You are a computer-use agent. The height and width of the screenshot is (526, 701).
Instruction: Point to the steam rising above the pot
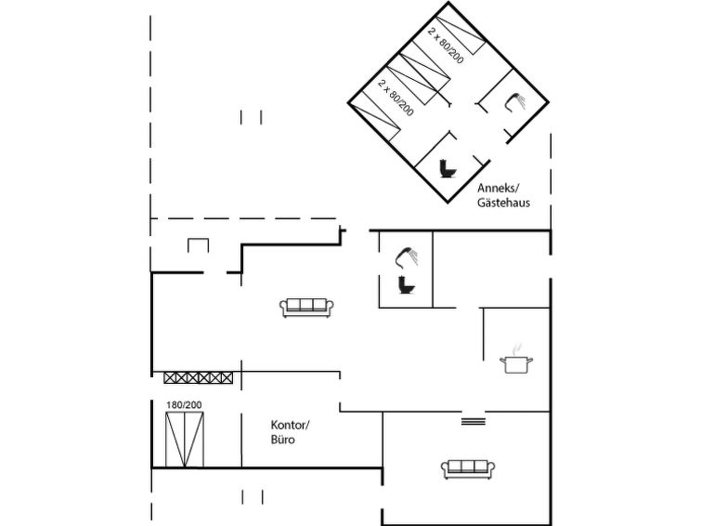coord(517,349)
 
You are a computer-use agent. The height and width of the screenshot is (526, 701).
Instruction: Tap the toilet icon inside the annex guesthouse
coord(448,169)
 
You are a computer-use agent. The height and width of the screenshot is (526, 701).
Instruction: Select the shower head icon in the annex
coord(515,102)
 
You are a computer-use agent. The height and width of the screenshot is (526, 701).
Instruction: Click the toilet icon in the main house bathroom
coord(407,284)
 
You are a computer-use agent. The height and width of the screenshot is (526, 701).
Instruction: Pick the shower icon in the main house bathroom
coord(407,256)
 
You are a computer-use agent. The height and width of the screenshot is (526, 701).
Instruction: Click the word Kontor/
coord(290,425)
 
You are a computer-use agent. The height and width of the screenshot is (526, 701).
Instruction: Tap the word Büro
coord(282,440)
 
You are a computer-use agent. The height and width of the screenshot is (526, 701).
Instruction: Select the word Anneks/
coord(499,188)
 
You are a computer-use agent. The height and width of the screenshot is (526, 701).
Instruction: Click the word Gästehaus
coord(503,203)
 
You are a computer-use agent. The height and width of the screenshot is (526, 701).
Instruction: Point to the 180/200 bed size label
coord(184,404)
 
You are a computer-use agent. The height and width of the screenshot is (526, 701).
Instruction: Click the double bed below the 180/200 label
coord(185,440)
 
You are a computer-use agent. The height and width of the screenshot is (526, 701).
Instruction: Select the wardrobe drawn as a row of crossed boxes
coord(198,378)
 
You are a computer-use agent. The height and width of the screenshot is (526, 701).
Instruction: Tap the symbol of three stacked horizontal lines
coord(473,421)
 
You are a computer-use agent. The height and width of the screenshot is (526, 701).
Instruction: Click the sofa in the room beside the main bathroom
coord(306,308)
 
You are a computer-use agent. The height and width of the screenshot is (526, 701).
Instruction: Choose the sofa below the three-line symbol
coord(468,469)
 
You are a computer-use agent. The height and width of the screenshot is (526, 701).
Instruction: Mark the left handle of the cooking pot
coord(502,360)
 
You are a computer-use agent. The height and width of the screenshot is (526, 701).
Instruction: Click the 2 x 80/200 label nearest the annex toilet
coord(396,98)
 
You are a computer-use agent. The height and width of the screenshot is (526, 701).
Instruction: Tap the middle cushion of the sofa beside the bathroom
coord(306,305)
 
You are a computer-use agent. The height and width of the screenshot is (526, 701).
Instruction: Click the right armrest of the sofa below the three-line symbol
coord(491,468)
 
